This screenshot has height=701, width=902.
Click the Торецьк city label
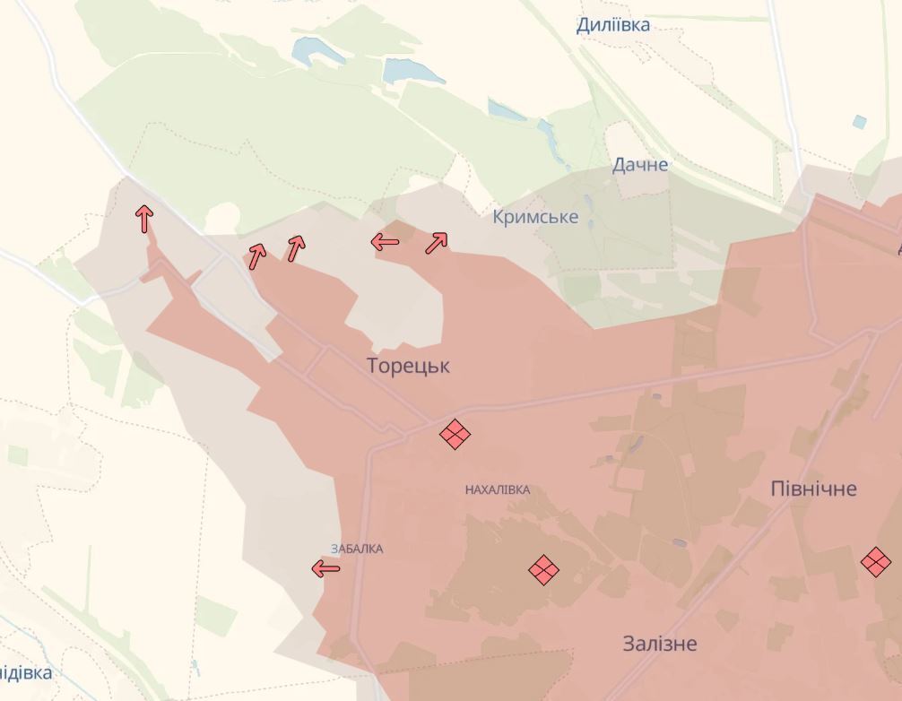pos(408,366)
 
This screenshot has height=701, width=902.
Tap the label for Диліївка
pos(613,25)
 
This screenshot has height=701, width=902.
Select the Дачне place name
pos(640,165)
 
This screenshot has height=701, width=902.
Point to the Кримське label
pos(535,217)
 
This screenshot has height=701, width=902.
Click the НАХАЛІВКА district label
pos(498,490)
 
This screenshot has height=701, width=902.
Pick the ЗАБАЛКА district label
pos(357,549)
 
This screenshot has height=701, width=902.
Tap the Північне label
pos(814,489)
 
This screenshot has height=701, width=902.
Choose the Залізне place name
pos(660,644)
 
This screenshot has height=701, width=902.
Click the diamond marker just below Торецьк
pos(455,435)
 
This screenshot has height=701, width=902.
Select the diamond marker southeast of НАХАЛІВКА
pos(543,570)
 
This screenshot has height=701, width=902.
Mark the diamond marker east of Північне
pos(875,562)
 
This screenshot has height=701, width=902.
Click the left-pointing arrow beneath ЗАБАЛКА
pos(326,568)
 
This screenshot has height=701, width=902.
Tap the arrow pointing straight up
pos(144,218)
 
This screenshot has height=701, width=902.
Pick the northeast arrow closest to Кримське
pos(437,242)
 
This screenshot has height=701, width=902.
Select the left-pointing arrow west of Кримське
pos(386,241)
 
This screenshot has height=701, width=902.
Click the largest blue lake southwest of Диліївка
pos(413,72)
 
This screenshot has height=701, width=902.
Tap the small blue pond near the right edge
pos(860,122)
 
